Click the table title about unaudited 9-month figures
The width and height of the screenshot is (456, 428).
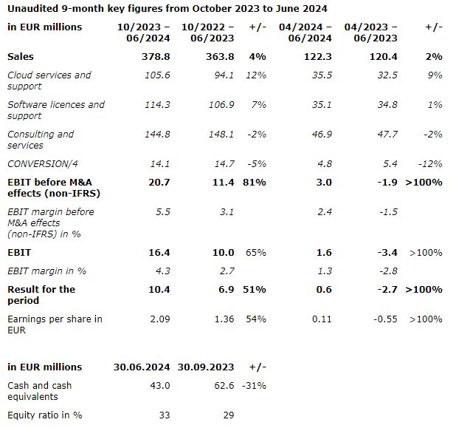tap(167, 8)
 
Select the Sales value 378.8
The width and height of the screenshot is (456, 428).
tap(157, 56)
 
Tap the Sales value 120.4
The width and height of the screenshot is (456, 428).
tap(384, 56)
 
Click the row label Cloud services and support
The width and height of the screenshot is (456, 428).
tap(49, 81)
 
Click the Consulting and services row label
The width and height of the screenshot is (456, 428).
tap(41, 140)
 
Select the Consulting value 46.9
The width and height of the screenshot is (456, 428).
tap(322, 134)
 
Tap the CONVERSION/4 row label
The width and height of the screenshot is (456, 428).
tap(39, 163)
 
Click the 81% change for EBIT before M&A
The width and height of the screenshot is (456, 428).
tap(254, 182)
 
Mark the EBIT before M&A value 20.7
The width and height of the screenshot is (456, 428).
tap(159, 182)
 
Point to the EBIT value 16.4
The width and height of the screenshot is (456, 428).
tap(159, 252)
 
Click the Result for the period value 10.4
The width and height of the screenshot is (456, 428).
tap(159, 289)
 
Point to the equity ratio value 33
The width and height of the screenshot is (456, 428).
tap(164, 415)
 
